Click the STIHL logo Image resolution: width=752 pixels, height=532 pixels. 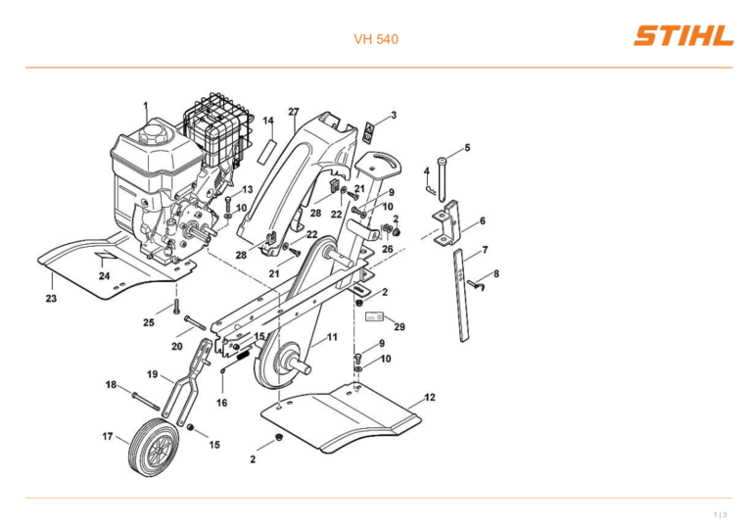point(682,37)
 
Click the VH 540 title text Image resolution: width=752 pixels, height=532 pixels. point(375,40)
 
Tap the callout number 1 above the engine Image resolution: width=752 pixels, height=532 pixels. point(146,105)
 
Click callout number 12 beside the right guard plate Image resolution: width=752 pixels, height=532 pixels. point(430,397)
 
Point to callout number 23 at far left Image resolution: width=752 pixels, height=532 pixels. point(50,299)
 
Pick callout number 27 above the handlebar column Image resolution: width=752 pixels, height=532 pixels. point(293,112)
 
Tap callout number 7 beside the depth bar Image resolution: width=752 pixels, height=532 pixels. point(485,250)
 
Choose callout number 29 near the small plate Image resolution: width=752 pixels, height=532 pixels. point(399,327)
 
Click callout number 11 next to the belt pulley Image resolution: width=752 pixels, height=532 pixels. point(332,337)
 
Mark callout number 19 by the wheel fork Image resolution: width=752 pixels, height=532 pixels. point(153,374)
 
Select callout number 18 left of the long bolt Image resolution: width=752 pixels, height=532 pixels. point(112,385)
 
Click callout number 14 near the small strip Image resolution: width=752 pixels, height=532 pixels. point(267,121)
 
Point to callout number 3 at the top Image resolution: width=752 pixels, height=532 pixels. point(394,115)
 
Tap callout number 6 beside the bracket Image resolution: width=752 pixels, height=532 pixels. point(482,221)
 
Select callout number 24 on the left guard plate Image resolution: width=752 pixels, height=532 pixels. point(104,276)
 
